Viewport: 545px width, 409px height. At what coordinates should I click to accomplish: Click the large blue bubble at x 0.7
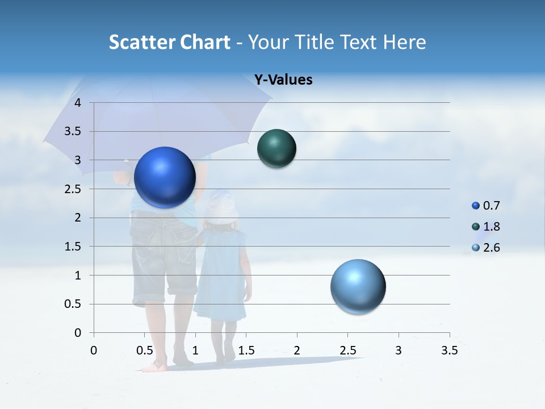pyautogui.click(x=165, y=177)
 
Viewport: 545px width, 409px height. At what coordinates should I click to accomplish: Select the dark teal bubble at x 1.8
pyautogui.click(x=276, y=148)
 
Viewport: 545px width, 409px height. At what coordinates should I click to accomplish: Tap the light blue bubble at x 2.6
pyautogui.click(x=358, y=286)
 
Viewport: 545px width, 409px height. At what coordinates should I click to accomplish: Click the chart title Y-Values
pyautogui.click(x=283, y=80)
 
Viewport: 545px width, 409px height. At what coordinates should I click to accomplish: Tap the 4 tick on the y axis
pyautogui.click(x=78, y=103)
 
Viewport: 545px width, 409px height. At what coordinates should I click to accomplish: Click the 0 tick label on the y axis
pyautogui.click(x=78, y=333)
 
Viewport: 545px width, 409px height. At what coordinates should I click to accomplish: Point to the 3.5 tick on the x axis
pyautogui.click(x=449, y=350)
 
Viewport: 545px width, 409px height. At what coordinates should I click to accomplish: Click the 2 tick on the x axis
pyautogui.click(x=296, y=350)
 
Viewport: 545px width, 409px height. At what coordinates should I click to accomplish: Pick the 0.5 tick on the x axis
pyautogui.click(x=144, y=350)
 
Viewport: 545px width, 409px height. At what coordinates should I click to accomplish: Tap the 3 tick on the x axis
pyautogui.click(x=398, y=350)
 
